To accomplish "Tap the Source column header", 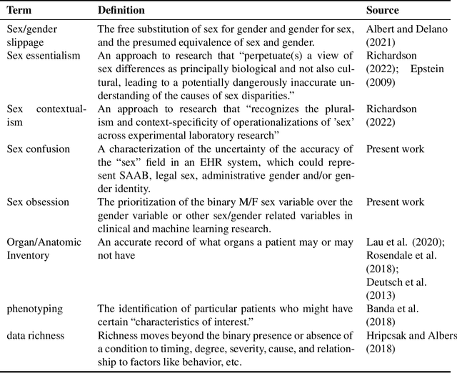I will [383, 11].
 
